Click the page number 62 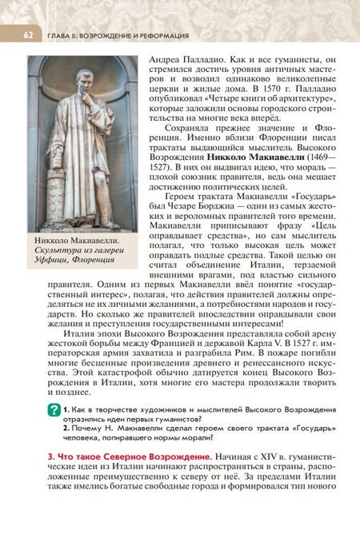(26, 35)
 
